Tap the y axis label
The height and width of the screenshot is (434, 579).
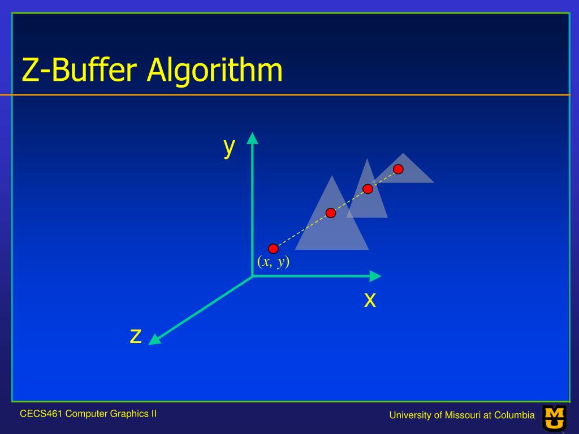point(229,146)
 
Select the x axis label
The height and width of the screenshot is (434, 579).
point(370,300)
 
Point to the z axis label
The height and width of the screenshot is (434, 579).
point(135,336)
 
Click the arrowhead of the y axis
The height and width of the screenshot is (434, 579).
point(253,138)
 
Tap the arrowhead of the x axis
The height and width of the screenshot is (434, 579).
point(375,276)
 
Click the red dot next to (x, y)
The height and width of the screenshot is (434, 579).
point(273,248)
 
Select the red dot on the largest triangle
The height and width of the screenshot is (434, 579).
point(331,212)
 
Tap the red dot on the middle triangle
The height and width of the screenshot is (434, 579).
point(368,188)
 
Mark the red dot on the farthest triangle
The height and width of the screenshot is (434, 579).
point(398,169)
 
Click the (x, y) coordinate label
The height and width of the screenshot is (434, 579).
point(273,262)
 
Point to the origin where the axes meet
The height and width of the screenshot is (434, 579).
point(253,276)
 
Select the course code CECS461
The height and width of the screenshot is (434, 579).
point(41,414)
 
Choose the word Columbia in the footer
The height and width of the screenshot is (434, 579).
point(515,416)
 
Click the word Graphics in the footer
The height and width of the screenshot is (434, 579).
point(126,414)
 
